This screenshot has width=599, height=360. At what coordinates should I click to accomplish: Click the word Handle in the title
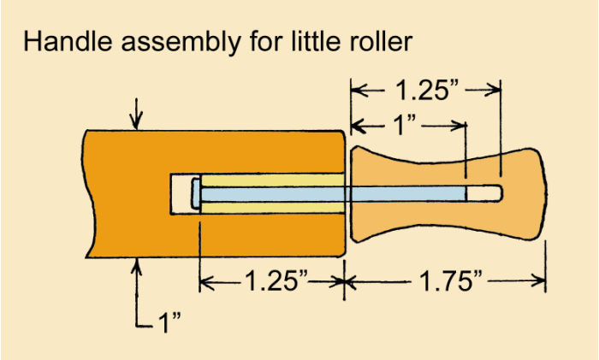point(68,41)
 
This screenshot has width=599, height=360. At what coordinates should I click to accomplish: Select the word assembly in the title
point(181,43)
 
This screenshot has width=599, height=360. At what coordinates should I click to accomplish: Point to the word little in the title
point(316,41)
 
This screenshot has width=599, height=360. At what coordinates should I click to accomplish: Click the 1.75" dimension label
point(451,281)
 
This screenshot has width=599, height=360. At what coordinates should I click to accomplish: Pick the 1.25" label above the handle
point(426,91)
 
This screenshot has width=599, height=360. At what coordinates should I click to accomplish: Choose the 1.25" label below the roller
point(276,281)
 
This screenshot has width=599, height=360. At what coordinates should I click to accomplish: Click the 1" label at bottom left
point(169,322)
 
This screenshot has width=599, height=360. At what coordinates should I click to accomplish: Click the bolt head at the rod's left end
point(196,194)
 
